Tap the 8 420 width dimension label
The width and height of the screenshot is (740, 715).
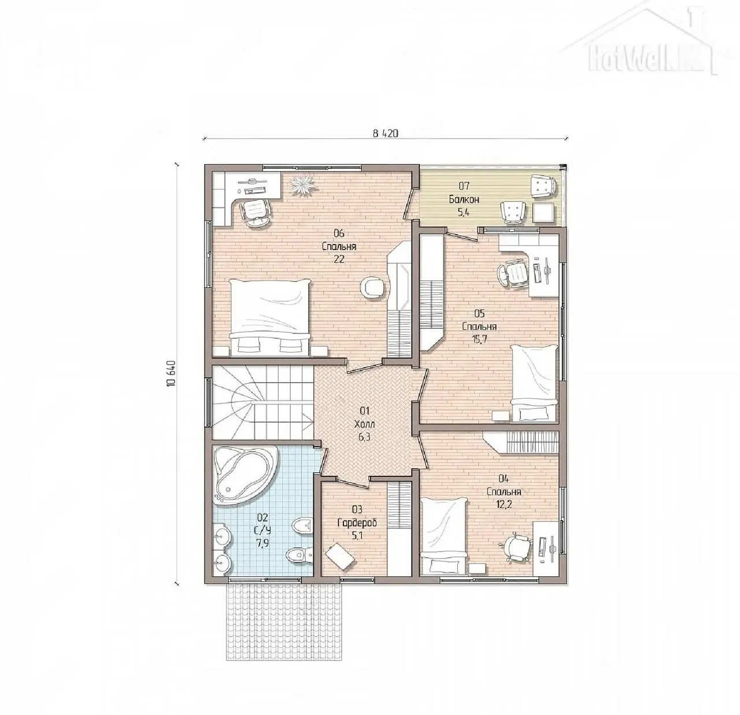click(x=385, y=133)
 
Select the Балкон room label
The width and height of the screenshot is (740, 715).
click(x=464, y=199)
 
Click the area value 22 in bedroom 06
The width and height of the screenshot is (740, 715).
click(x=339, y=260)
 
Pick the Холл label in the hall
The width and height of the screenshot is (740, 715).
click(x=364, y=424)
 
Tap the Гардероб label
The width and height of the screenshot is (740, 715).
click(x=357, y=523)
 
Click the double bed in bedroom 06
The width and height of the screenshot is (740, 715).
click(x=271, y=317)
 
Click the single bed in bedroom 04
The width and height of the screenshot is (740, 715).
click(x=443, y=536)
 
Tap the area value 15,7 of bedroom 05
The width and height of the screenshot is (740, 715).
click(x=479, y=339)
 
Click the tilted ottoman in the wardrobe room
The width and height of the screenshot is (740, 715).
click(x=340, y=556)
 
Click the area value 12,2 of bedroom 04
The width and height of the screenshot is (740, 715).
click(x=504, y=505)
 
